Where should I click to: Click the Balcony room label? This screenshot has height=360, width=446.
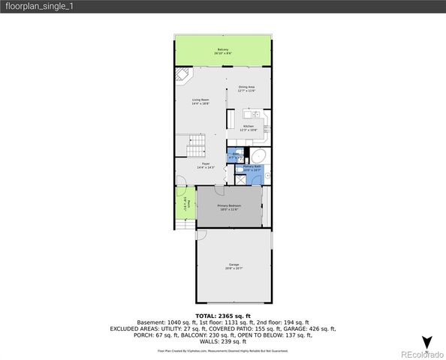click(x=222, y=50)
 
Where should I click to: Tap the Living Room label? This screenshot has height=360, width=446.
click(x=200, y=101)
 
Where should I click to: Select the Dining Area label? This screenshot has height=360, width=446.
click(x=247, y=88)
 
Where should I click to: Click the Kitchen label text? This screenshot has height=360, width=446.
click(x=248, y=127)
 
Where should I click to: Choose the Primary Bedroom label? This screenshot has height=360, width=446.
click(x=229, y=207)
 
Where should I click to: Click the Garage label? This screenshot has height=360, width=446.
click(x=234, y=266)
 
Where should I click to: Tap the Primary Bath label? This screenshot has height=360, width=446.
click(x=252, y=168)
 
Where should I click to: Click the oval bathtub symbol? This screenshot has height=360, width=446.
click(x=257, y=156)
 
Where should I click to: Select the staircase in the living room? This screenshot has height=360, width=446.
click(x=195, y=140)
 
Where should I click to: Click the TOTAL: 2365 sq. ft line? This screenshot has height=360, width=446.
click(x=222, y=316)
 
